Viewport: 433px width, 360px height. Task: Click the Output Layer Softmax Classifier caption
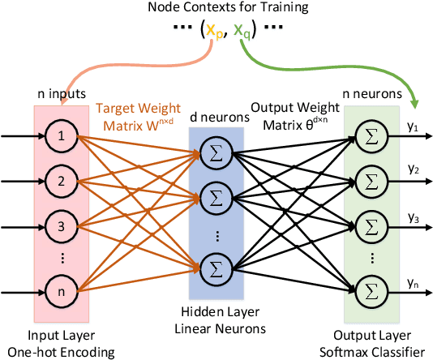pos(372,344)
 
